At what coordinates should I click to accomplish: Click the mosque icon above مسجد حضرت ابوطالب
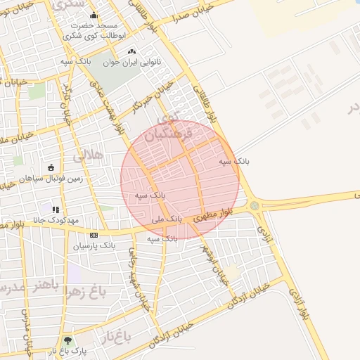pos(94,15)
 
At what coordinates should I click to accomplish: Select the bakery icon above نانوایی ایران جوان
pos(131,51)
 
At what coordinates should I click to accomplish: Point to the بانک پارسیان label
pos(94,245)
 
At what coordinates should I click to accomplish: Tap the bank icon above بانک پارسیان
pos(94,235)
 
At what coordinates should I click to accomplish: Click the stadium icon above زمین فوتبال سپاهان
pos(51,167)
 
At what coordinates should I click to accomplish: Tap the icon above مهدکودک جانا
pos(56,209)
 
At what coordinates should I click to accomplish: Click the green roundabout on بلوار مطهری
pos(254,205)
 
